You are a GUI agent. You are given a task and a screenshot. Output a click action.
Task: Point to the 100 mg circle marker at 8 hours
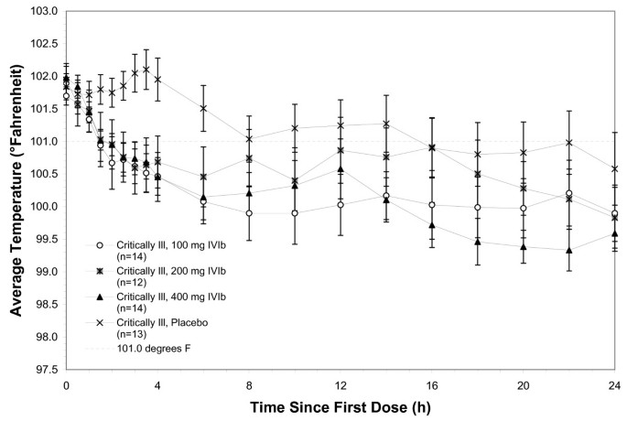248,213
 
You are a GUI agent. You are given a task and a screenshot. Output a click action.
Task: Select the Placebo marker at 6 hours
203,108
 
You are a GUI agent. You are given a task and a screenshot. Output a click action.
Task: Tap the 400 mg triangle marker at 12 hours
341,169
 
